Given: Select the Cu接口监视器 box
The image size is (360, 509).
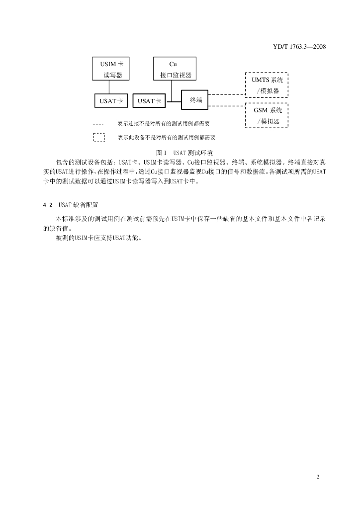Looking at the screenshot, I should pos(175,69).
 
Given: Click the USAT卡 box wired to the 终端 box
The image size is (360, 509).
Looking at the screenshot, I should pos(149,100).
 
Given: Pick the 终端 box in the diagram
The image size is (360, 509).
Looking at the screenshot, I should pos(195,100).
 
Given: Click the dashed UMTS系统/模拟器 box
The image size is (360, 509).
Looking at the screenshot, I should pos(267,85).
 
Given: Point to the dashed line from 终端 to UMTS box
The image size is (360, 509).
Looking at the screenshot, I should pos(227,94).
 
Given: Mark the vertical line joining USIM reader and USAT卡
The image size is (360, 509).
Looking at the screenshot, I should pos(109,87).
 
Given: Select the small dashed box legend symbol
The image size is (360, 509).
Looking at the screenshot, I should pos(98,138).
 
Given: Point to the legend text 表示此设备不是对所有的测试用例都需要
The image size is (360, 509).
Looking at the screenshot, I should pos(170,138).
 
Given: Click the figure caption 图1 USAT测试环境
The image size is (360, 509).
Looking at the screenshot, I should pos(180,153).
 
